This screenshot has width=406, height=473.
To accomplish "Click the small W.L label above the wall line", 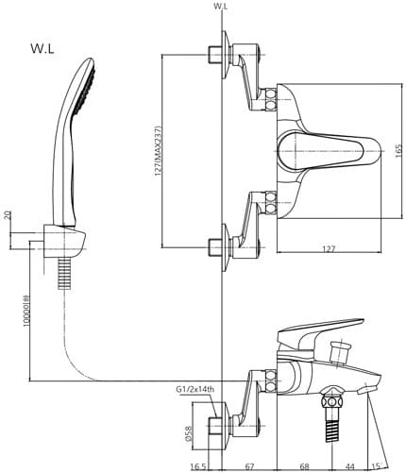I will pos(221,6).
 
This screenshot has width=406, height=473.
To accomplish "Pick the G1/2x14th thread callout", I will pos(195,390).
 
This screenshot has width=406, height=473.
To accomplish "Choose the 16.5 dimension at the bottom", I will pos(197,466).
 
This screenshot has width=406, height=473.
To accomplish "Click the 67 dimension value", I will pos(251,466).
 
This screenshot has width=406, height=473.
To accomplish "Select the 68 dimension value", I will pos(304,466).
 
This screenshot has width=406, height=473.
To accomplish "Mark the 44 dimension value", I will pos(349,466).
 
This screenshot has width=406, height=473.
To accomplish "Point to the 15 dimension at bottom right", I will pos(377,466).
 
